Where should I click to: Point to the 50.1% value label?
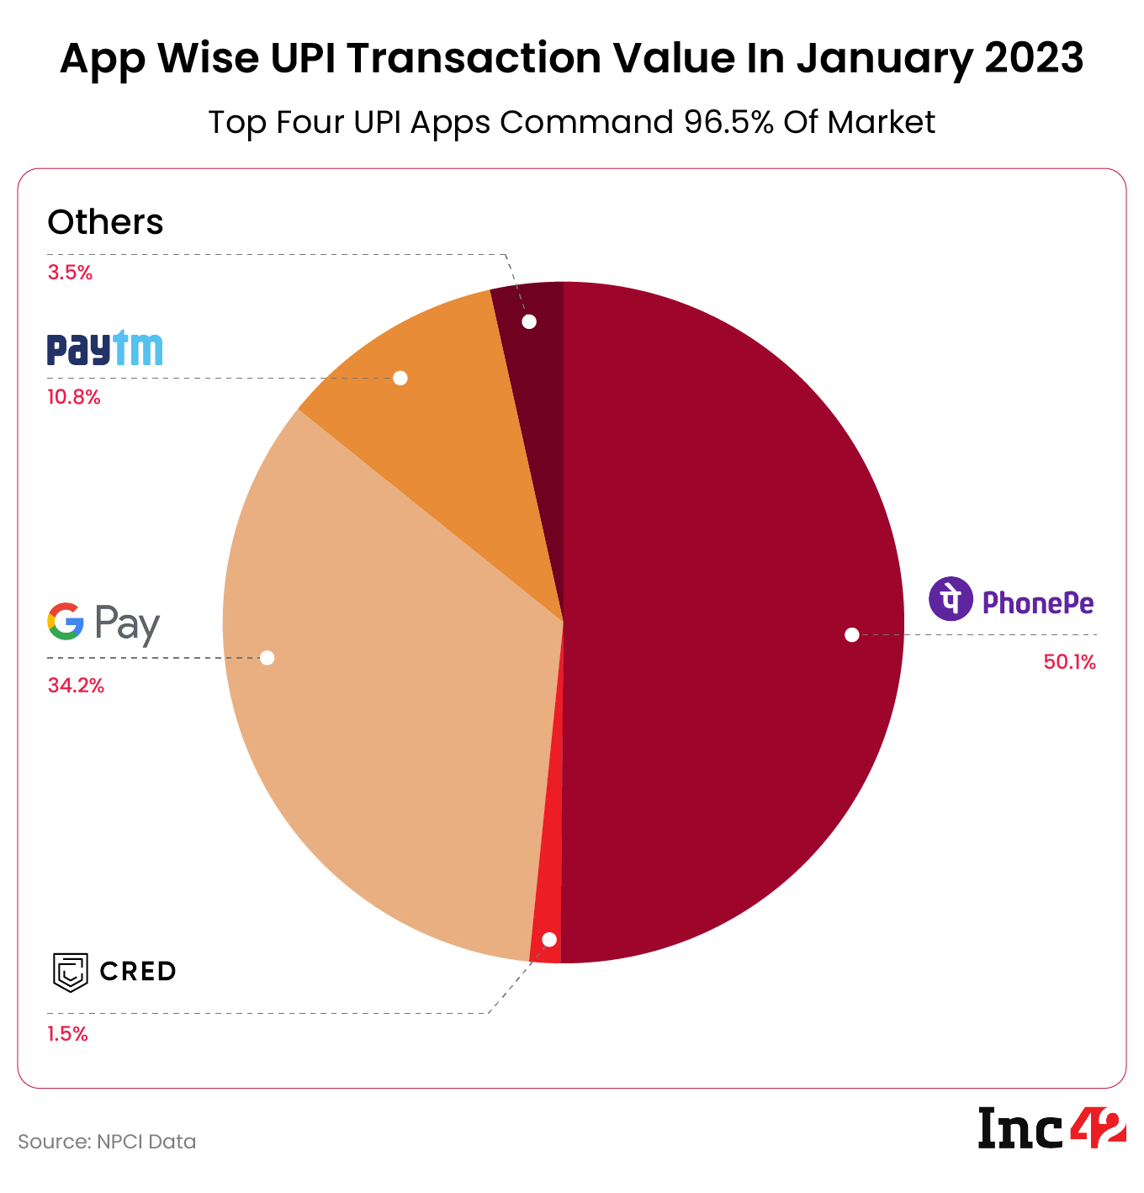[1069, 662]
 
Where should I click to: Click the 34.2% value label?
[76, 686]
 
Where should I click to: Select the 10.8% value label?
[73, 397]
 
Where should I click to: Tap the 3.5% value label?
[70, 273]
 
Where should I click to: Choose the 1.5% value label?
[67, 1034]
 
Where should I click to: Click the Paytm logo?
[104, 348]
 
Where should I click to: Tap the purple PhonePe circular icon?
[950, 600]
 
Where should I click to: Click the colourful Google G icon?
[66, 622]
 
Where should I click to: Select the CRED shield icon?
[71, 973]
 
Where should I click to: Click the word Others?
[105, 222]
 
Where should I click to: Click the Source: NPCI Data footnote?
[107, 1142]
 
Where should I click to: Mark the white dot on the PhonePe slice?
[851, 634]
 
